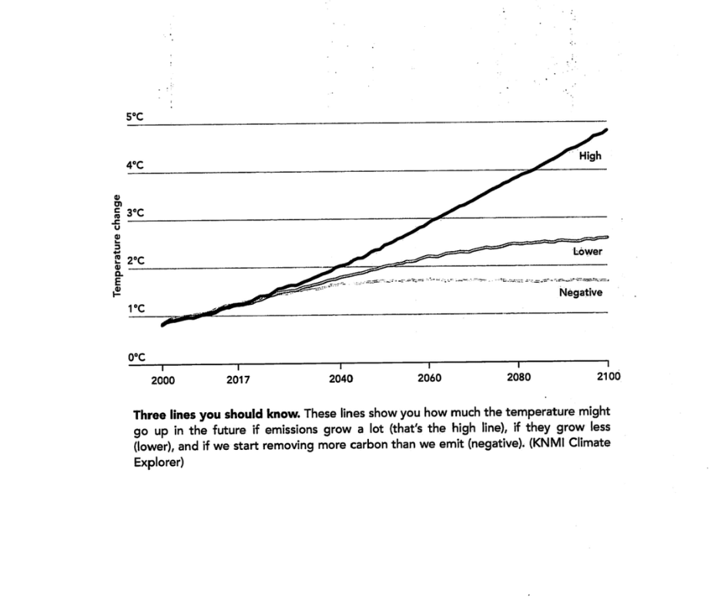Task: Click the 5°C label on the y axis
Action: (x=136, y=116)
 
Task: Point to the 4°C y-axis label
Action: (x=136, y=165)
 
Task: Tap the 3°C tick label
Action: (x=136, y=213)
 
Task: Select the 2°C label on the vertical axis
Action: (x=136, y=261)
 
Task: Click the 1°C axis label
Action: (x=136, y=309)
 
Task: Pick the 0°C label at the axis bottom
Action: (x=136, y=357)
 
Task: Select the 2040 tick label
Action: (x=340, y=378)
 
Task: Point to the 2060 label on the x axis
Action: (x=429, y=378)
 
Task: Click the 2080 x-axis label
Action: (x=518, y=377)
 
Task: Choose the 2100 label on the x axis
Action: (x=607, y=377)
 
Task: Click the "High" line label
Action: (x=590, y=156)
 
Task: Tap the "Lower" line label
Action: (x=587, y=252)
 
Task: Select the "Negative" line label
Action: (x=580, y=293)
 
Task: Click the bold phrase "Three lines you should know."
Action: (x=217, y=414)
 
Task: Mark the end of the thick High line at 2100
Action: (x=607, y=129)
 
